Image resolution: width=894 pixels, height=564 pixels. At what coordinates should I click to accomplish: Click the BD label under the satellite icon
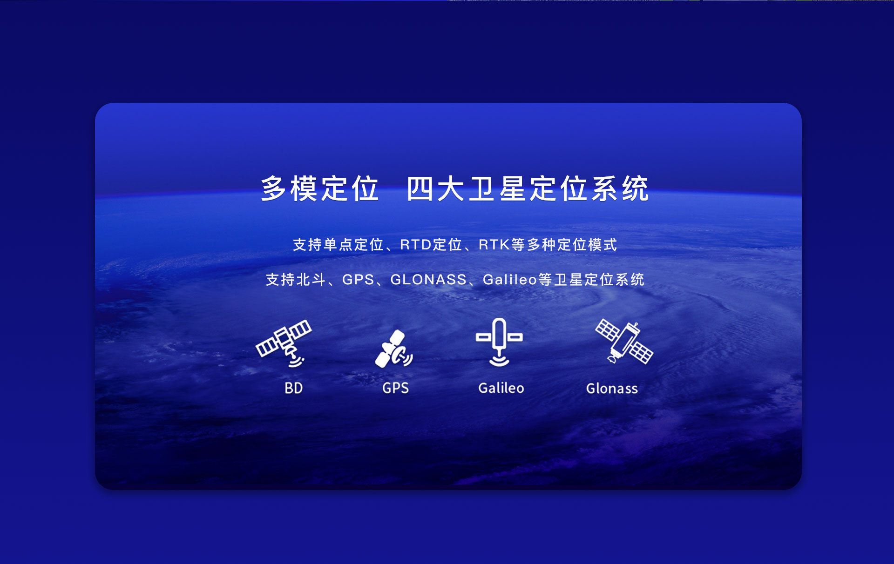[294, 388]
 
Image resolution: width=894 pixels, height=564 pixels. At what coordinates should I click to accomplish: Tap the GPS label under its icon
[395, 388]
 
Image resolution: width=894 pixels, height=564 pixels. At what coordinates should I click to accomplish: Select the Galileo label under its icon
[501, 388]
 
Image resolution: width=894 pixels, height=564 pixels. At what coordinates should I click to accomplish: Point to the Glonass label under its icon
[612, 389]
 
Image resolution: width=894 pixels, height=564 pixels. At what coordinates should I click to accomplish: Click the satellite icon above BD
[284, 343]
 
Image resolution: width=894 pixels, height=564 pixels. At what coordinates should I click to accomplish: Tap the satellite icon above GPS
[394, 349]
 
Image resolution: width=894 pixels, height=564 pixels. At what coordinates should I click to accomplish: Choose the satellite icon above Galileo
[499, 342]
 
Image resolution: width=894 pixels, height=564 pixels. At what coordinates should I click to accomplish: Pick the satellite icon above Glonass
[624, 341]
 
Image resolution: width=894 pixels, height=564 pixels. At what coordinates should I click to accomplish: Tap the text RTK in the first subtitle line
[494, 245]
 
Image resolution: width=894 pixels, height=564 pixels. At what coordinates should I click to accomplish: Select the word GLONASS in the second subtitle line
[428, 280]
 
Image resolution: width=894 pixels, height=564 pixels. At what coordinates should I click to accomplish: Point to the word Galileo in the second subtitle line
[510, 280]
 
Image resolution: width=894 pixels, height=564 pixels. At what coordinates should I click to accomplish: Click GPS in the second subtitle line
[358, 280]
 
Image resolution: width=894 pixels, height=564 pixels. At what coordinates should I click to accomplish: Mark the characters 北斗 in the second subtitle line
[311, 280]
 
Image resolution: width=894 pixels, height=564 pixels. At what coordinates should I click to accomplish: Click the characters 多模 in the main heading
[289, 189]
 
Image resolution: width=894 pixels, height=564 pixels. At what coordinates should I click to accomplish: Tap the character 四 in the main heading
[420, 189]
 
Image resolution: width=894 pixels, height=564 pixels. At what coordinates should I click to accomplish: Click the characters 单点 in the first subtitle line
[338, 245]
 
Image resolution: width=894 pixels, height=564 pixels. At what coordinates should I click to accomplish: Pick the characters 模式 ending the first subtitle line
[603, 245]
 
